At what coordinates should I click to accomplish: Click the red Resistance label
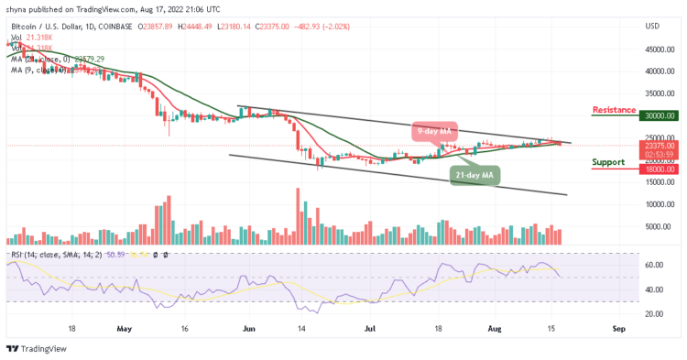[614, 110]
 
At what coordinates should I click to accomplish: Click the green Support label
[608, 162]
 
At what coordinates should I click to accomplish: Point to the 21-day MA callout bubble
[477, 174]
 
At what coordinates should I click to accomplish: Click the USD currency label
[653, 26]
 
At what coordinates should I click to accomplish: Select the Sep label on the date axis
[618, 326]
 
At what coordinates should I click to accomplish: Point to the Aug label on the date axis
[495, 326]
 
